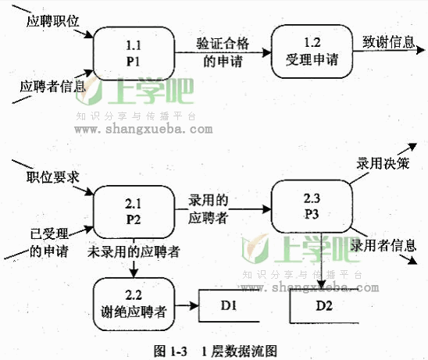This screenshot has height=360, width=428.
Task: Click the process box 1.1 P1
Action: (134, 54)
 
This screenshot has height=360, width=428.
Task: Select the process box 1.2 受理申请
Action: (312, 52)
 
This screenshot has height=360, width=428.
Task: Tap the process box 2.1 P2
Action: (134, 212)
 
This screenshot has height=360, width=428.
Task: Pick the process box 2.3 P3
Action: (312, 207)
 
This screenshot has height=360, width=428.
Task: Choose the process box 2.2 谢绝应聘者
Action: (134, 304)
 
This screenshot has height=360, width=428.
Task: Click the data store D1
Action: (229, 305)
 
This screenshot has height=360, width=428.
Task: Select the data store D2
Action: (324, 305)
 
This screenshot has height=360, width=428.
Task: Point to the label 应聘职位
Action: (52, 21)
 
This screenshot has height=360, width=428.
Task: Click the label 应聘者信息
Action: (52, 87)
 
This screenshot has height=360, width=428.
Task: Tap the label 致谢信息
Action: (389, 42)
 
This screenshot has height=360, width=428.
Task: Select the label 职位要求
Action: (52, 177)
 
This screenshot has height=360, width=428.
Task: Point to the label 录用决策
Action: (383, 163)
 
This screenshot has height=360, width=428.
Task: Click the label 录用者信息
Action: (383, 245)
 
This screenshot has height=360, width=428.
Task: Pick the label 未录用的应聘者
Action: (134, 251)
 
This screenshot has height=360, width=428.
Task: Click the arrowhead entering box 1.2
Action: (266, 52)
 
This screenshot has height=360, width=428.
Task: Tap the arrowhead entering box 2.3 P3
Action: (266, 209)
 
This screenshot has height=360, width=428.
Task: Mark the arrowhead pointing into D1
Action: (194, 305)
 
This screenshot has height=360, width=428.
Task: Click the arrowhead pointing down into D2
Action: (322, 284)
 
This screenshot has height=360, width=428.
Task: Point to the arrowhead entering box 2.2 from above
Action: (134, 273)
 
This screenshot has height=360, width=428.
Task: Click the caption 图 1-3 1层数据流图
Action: (216, 351)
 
